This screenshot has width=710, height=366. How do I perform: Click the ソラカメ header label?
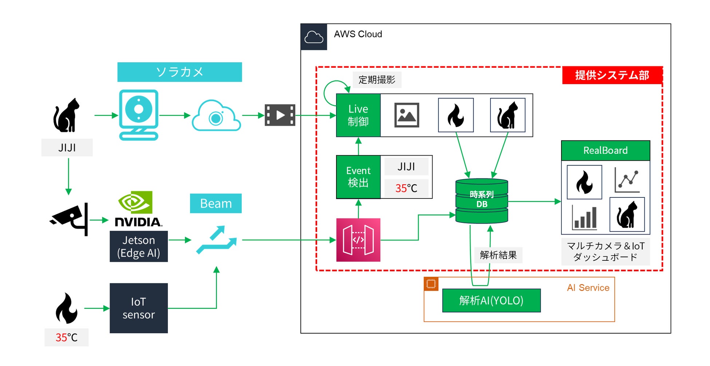(x=180, y=72)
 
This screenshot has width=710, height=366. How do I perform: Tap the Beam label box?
(x=216, y=203)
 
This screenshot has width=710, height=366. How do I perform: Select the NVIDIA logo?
(x=138, y=209)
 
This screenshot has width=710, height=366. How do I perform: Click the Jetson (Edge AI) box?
(x=139, y=247)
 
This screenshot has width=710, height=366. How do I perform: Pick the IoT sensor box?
(x=139, y=308)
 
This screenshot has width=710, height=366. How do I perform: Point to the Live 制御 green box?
(x=358, y=115)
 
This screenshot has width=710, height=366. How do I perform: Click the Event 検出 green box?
(x=358, y=177)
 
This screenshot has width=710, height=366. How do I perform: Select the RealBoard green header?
(x=605, y=150)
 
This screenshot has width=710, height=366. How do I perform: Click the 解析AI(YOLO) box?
(x=491, y=300)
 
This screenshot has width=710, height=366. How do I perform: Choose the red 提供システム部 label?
(x=612, y=75)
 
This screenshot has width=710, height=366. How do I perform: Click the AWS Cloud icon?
(x=313, y=37)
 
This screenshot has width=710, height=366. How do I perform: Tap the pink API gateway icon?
(x=358, y=240)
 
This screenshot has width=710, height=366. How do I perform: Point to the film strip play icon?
(x=280, y=115)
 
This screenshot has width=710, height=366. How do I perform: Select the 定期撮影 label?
(x=377, y=80)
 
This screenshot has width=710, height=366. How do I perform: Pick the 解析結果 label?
(x=498, y=255)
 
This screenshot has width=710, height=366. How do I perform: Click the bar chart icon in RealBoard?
(x=584, y=218)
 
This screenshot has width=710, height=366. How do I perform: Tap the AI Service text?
(x=588, y=288)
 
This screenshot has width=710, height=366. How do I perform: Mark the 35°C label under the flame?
(x=66, y=337)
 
